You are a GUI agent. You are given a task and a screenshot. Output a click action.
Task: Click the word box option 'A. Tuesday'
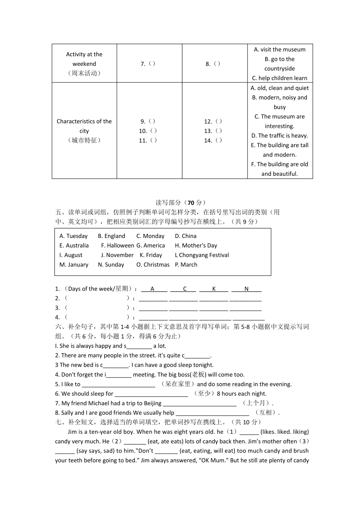pyautogui.click(x=74, y=236)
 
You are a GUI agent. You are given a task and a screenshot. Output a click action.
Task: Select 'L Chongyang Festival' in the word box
pyautogui.click(x=202, y=255)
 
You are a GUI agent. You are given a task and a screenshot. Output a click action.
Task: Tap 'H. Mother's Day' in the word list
pyautogui.click(x=196, y=246)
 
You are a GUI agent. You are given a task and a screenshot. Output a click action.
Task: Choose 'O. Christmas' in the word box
pyautogui.click(x=153, y=265)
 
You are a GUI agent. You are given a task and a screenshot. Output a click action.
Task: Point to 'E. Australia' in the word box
pyautogui.click(x=74, y=246)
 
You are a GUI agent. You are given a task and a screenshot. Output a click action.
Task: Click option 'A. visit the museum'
pyautogui.click(x=280, y=49)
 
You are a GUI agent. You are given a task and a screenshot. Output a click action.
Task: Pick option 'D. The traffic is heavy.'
pyautogui.click(x=280, y=136)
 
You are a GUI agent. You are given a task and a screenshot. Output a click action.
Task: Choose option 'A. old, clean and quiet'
pyautogui.click(x=280, y=88)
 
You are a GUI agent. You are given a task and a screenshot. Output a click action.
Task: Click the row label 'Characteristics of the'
pyautogui.click(x=84, y=121)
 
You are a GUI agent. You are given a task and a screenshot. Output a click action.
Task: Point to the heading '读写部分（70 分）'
pyautogui.click(x=181, y=203)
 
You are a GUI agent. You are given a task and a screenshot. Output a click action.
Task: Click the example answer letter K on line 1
pyautogui.click(x=214, y=289)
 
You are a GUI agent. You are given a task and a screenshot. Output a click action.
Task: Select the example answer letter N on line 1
pyautogui.click(x=246, y=289)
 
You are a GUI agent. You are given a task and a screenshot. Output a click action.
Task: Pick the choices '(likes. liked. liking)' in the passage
pyautogui.click(x=285, y=432)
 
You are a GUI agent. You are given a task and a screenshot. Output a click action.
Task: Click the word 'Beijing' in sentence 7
pyautogui.click(x=152, y=403)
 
